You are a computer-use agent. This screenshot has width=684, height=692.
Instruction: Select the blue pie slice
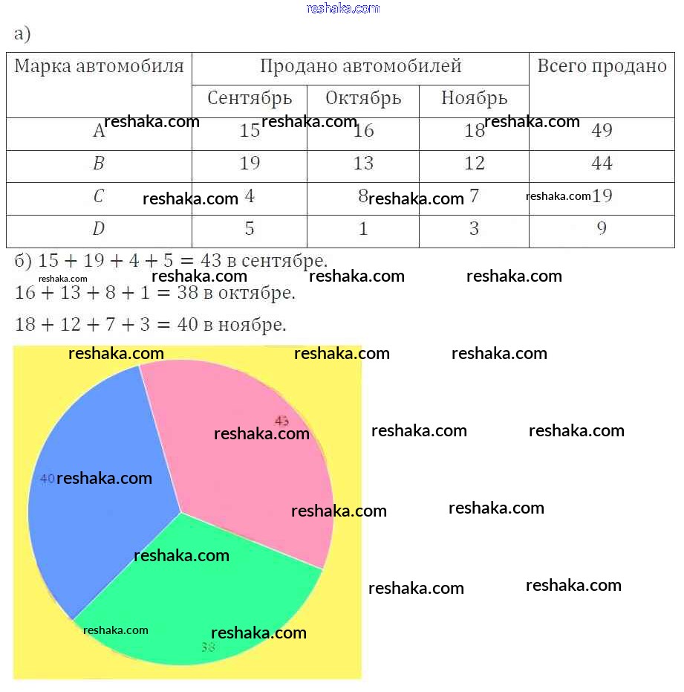[97, 520]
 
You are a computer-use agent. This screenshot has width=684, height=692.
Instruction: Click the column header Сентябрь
[250, 98]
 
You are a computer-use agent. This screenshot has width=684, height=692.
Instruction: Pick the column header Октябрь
[363, 98]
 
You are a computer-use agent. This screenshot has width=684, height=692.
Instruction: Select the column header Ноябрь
[474, 98]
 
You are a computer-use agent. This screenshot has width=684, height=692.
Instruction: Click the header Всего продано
[602, 66]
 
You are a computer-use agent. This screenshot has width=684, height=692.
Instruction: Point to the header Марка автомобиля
[99, 66]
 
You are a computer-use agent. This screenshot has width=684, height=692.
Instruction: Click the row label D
[99, 229]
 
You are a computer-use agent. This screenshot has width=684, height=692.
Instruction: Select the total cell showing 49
[602, 131]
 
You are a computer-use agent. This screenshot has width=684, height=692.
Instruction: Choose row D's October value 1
[363, 229]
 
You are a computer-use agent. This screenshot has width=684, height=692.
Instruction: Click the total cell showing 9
[602, 229]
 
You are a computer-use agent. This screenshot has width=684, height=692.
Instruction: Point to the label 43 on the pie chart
[281, 421]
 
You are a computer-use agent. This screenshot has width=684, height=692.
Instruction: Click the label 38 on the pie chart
[208, 647]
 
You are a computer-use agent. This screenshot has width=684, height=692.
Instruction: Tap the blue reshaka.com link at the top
[342, 8]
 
